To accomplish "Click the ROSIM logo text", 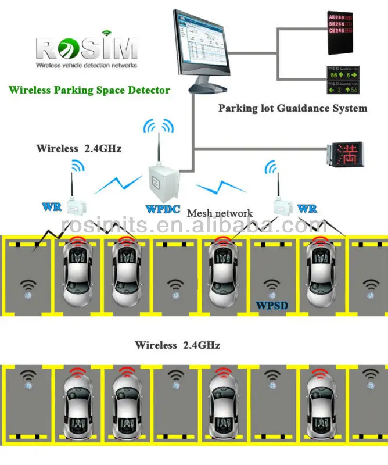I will pos(87,47).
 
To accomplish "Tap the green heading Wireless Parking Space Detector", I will pos(89,90).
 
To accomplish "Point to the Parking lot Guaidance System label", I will pos(292,108).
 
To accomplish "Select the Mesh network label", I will pos(220,213).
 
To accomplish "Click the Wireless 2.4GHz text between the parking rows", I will pos(177,345).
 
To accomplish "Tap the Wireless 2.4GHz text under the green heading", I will pos(78,148).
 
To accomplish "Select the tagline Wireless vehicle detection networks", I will pos(87,66).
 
